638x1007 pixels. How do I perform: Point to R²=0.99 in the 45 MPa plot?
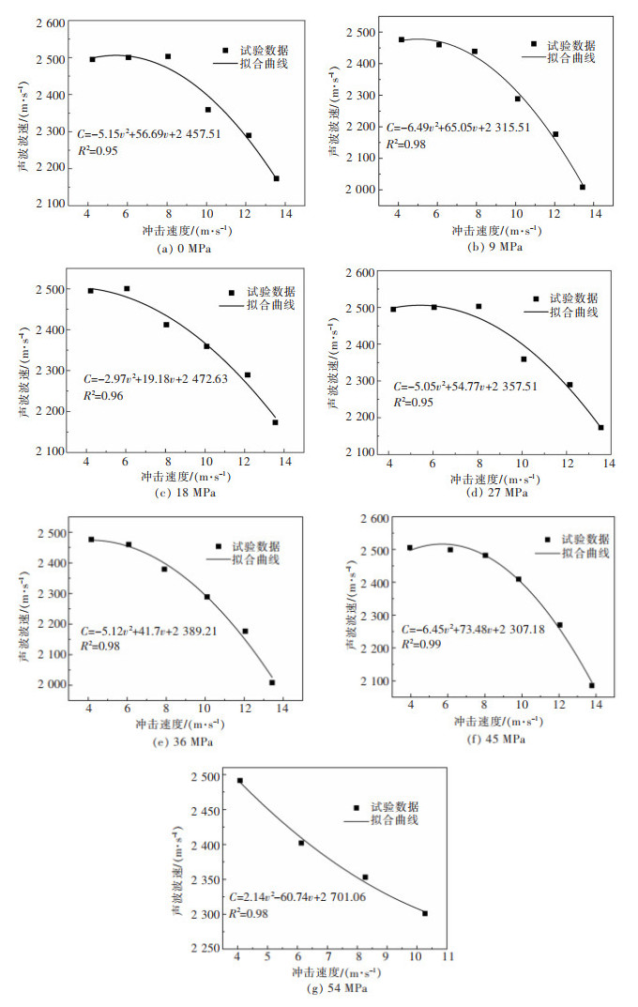(421, 644)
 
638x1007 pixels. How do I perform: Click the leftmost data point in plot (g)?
(239, 781)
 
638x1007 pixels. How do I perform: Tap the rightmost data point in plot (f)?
(592, 685)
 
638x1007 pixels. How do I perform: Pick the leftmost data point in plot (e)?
(91, 540)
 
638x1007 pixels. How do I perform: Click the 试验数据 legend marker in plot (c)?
(232, 293)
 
